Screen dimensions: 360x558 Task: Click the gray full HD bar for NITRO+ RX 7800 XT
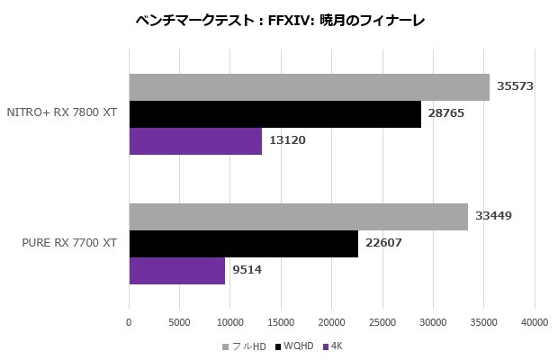point(309,87)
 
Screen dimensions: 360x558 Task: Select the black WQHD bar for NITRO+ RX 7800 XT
point(274,114)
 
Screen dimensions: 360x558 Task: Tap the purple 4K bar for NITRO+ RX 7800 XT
point(195,141)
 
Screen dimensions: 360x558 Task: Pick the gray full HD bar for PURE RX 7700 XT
point(298,217)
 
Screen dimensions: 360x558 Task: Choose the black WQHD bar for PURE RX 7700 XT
point(243,244)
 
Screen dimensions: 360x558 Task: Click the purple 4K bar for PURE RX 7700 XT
point(176,271)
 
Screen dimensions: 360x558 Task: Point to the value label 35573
point(515,87)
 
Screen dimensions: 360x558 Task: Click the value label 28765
point(445,114)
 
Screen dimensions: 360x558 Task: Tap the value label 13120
point(287,141)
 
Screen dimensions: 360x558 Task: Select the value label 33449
point(493,217)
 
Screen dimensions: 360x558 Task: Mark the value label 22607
point(383,244)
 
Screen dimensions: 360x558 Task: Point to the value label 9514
point(247,271)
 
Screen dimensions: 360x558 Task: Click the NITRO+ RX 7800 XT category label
point(61,113)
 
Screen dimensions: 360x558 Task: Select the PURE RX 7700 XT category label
point(68,243)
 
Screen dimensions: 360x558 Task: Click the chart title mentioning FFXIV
point(278,20)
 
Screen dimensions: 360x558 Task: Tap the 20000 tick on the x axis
point(332,321)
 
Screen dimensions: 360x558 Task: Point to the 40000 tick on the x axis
point(535,321)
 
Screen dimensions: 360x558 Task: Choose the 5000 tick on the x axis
point(180,321)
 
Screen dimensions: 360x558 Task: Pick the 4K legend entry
point(334,346)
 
